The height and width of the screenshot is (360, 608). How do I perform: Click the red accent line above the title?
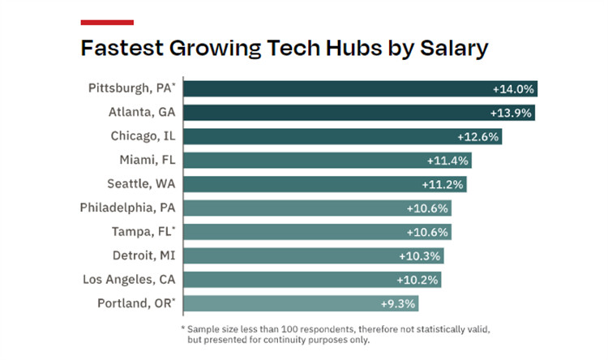107,22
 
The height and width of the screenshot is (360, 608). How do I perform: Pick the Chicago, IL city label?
143,136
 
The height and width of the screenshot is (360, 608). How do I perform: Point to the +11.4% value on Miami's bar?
447,161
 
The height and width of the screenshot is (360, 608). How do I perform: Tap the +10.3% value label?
419,255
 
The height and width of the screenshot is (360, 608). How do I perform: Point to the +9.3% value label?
397,303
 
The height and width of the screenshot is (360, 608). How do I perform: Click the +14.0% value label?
513,89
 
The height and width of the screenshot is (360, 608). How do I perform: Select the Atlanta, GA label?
143,113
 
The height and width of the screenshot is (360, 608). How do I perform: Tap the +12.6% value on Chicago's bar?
478,137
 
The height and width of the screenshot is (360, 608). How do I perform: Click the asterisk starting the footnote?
182,328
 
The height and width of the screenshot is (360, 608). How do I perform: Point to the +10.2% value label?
418,280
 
